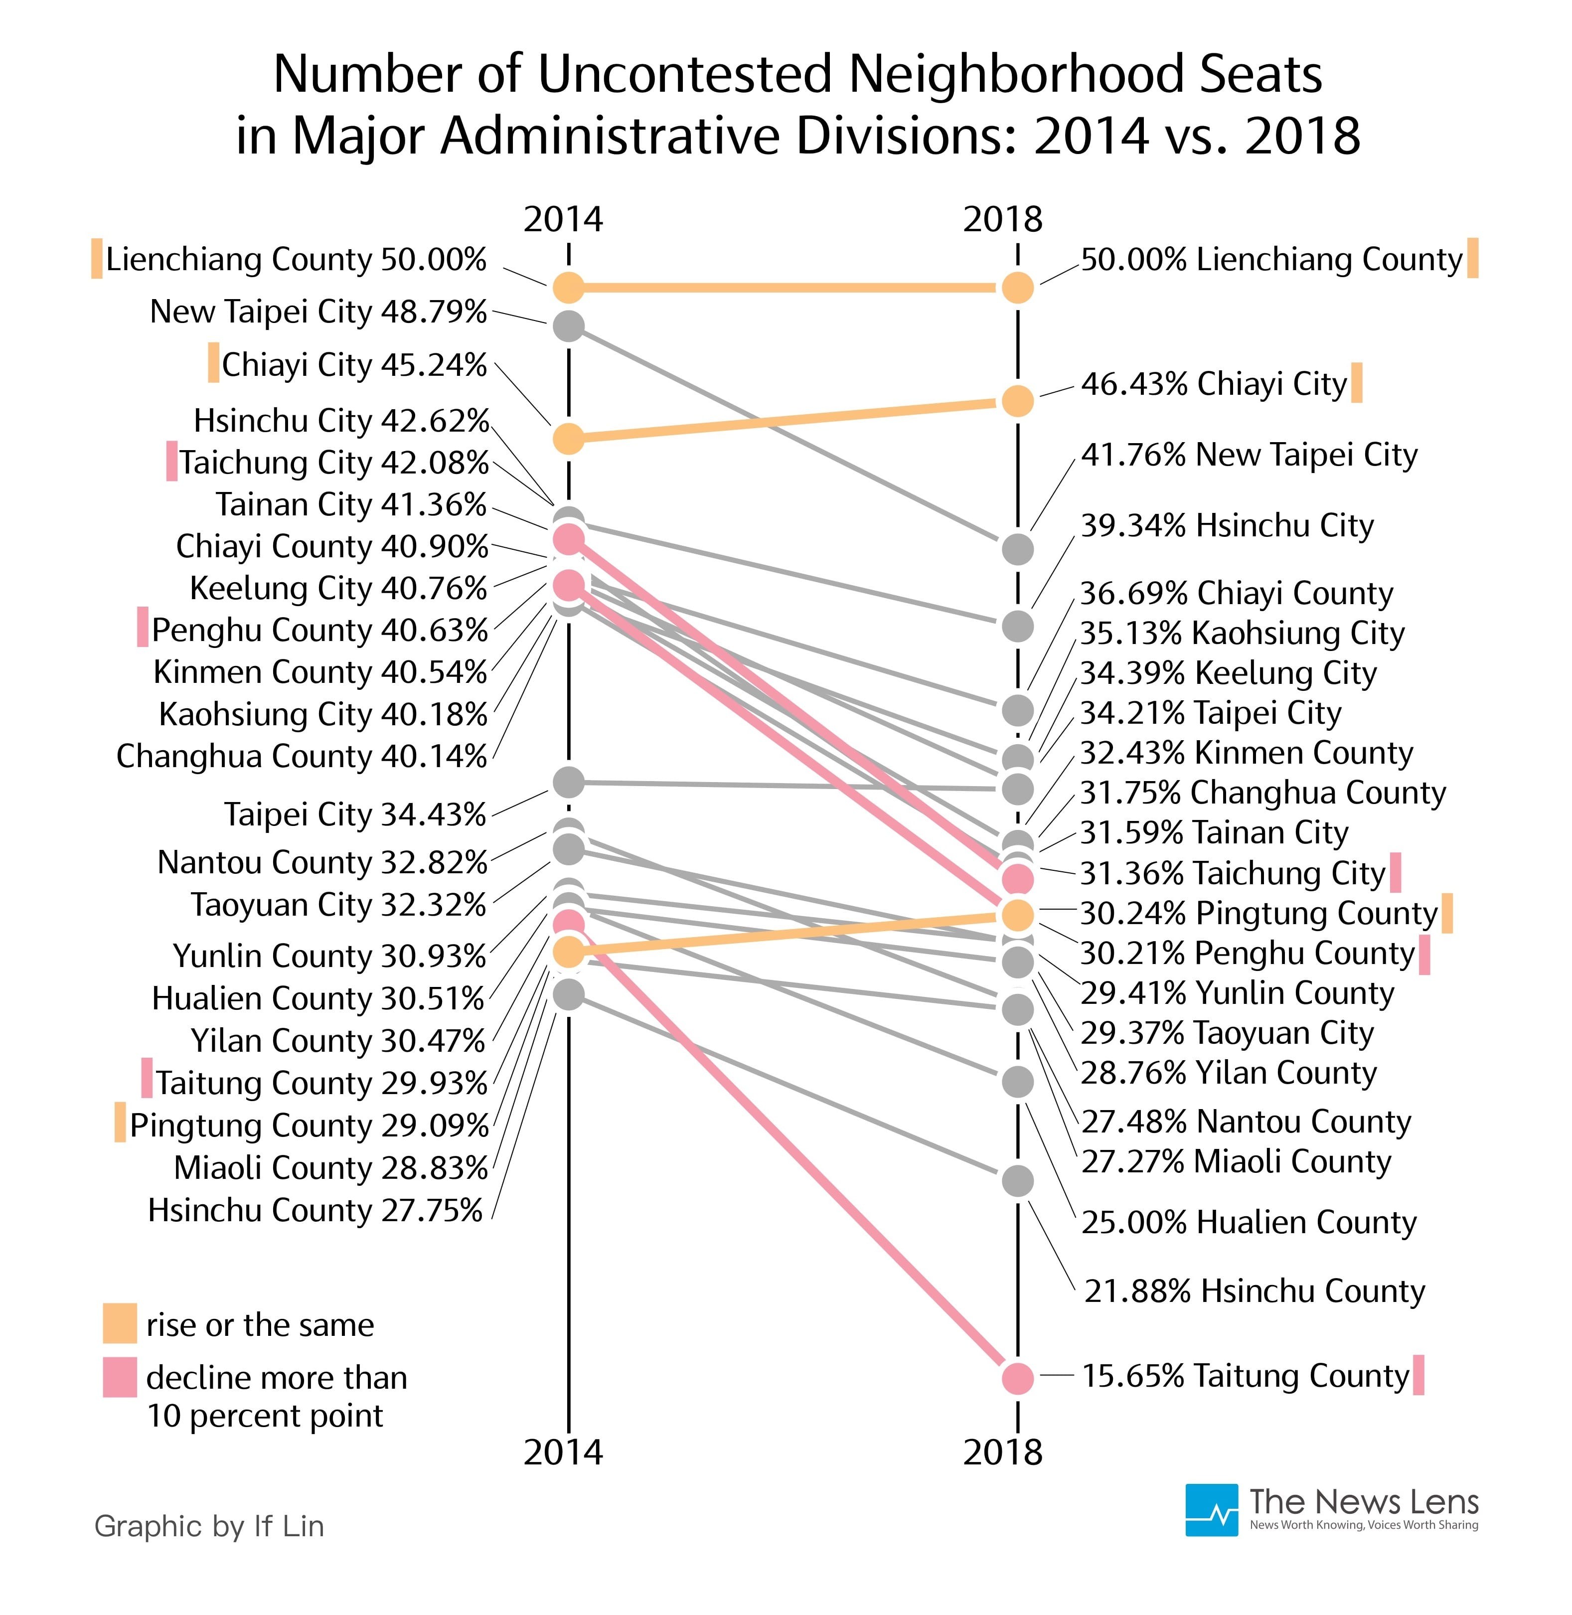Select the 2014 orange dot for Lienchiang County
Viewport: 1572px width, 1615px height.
[x=568, y=287]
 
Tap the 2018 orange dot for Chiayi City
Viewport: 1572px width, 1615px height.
[x=1017, y=401]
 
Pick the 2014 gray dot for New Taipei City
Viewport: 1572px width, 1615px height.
[x=568, y=326]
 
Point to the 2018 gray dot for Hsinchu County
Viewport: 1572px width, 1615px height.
[x=1017, y=1181]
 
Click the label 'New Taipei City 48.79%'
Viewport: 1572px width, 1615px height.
[x=318, y=312]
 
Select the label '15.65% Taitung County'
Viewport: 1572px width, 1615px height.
[x=1245, y=1376]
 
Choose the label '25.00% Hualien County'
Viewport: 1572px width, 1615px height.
[x=1249, y=1222]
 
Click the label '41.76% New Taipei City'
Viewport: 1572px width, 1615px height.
[x=1249, y=455]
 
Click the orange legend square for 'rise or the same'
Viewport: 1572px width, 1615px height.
[x=120, y=1323]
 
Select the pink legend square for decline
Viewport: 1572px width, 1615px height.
[x=120, y=1377]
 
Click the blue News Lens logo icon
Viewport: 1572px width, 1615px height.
[x=1211, y=1510]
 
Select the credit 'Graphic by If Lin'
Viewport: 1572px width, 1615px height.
[x=209, y=1526]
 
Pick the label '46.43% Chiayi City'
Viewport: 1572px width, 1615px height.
[x=1214, y=384]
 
